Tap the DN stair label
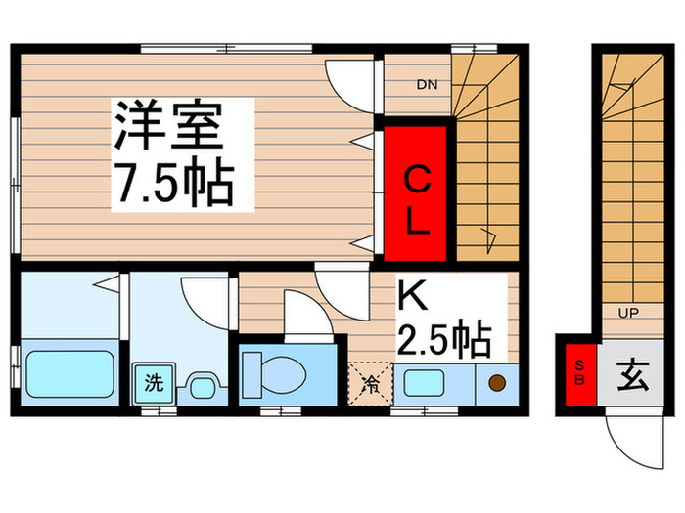427,85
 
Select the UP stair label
628,313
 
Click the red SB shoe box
580,374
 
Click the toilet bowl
283,374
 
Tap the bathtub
69,374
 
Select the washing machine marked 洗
155,383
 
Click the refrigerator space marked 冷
371,384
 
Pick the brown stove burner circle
497,383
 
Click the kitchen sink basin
425,383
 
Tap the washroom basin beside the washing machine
203,386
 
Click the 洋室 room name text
168,125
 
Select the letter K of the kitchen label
412,295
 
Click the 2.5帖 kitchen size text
444,338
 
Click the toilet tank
252,375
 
